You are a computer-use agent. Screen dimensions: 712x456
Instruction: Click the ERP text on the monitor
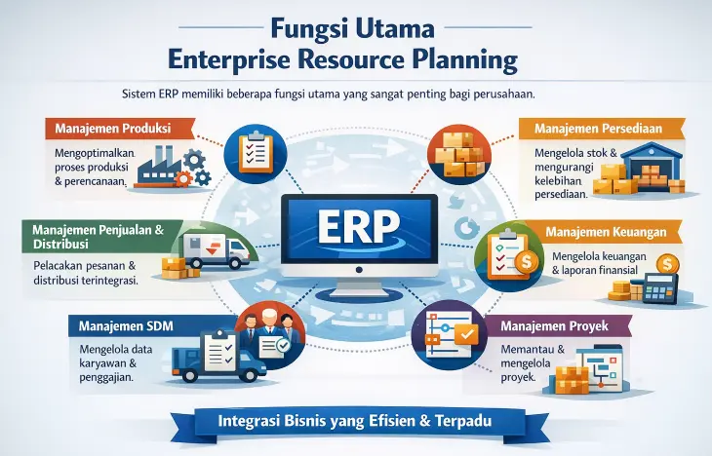[359, 226]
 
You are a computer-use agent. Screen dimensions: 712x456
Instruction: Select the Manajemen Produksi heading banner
[120, 129]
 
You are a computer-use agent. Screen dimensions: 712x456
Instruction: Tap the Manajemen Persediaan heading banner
[602, 129]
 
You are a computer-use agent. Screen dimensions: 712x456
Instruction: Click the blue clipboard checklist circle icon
[256, 154]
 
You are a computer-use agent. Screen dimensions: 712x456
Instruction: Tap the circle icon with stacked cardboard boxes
[459, 154]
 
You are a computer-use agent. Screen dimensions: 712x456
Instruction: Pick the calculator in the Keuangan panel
[660, 288]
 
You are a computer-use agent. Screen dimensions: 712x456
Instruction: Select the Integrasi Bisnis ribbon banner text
[355, 421]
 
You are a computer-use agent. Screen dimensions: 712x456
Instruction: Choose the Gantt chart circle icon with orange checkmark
[449, 335]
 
